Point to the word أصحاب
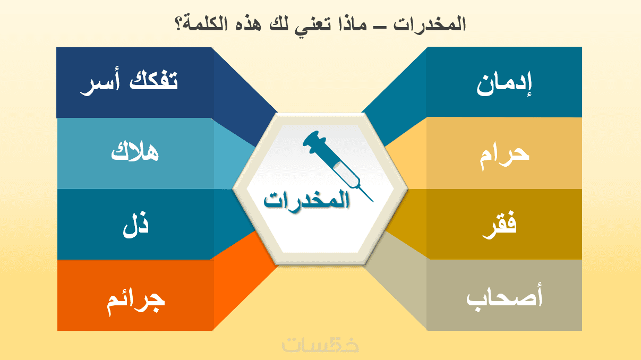(504, 298)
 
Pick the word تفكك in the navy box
(153, 80)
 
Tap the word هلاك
(134, 151)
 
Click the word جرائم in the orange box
(135, 303)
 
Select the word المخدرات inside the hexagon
(306, 200)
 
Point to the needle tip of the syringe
(373, 201)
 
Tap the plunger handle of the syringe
(314, 140)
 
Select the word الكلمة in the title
(205, 24)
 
